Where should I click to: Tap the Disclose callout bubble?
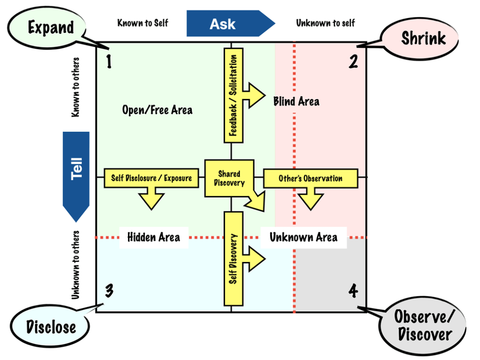pos(51,327)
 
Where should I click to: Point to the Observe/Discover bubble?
pos(423,326)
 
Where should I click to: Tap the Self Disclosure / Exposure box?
pos(151,178)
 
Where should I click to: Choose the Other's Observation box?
pos(310,178)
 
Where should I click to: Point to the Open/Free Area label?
pos(157,110)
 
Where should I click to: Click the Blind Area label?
pos(296,101)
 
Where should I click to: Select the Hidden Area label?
pos(153,237)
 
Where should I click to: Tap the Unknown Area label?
pos(303,237)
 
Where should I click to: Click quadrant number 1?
pos(109,61)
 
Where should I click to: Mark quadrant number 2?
pos(353,61)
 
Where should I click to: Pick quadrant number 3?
pos(109,291)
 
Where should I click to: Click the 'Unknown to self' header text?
pos(325,23)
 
